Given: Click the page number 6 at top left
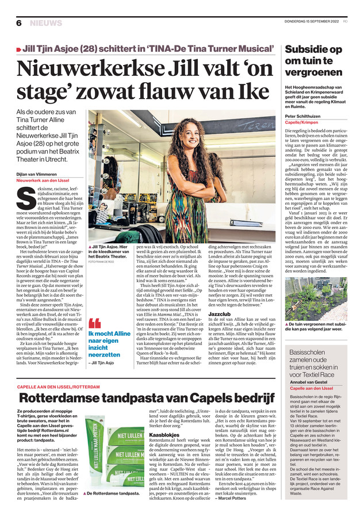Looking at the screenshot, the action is [x=19, y=23].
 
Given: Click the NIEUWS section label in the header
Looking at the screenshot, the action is [x=45, y=23].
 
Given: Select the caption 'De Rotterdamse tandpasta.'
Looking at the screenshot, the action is [x=113, y=493].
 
